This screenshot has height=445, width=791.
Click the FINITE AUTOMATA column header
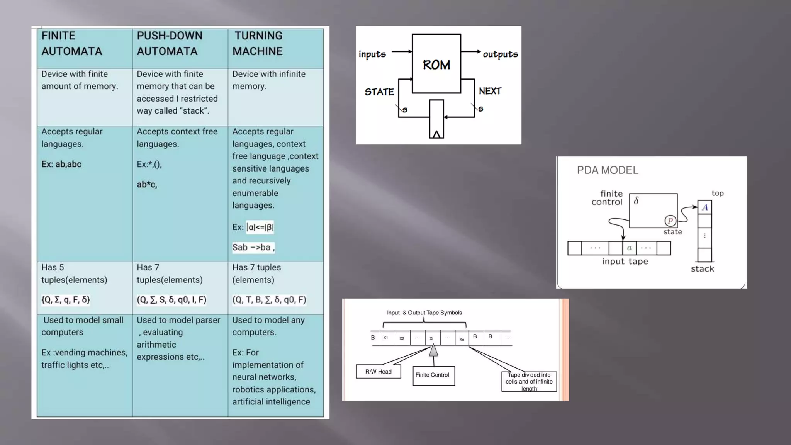click(x=72, y=43)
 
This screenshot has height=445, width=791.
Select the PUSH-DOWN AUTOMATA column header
click(x=169, y=43)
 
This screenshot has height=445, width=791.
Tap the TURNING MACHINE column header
click(x=258, y=43)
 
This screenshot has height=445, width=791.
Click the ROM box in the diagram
click(x=436, y=64)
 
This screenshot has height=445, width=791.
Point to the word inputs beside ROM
click(x=372, y=54)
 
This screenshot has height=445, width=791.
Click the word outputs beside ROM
click(x=500, y=54)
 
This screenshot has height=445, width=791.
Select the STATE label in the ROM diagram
click(x=379, y=92)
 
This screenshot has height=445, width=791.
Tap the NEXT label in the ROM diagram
click(x=490, y=91)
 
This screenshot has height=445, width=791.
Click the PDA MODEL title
click(x=608, y=170)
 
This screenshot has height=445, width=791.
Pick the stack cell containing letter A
click(x=705, y=207)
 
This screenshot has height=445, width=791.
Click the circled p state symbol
click(x=670, y=221)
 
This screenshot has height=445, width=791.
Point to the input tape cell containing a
click(x=629, y=248)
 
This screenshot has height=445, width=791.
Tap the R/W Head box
click(x=378, y=372)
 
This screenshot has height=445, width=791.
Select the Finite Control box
click(x=432, y=375)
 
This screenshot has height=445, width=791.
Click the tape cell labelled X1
click(x=385, y=338)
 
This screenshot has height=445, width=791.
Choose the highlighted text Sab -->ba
click(x=253, y=247)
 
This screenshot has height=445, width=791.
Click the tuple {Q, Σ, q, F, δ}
click(x=66, y=300)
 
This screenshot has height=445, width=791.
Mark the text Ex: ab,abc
click(x=61, y=164)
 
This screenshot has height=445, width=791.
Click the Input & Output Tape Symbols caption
click(x=424, y=313)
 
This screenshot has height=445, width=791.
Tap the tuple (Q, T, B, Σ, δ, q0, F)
click(x=269, y=300)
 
